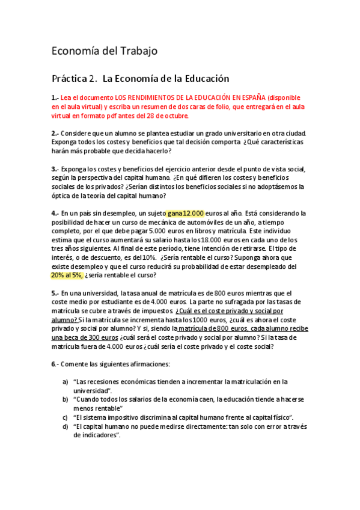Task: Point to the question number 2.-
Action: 55,133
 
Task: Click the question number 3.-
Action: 55,168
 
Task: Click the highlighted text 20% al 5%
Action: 67,275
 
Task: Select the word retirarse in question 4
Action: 248,248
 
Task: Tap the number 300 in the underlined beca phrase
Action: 101,337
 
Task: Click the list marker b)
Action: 66,399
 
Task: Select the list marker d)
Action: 66,426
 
